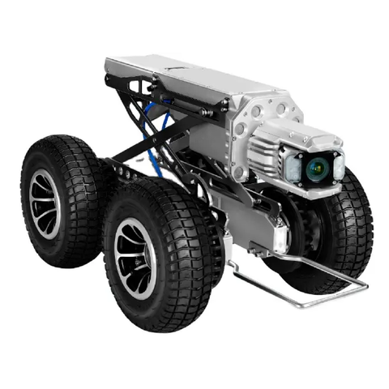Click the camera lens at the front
click(x=316, y=169)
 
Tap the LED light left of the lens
click(x=293, y=167)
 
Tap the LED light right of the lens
click(x=339, y=165)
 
